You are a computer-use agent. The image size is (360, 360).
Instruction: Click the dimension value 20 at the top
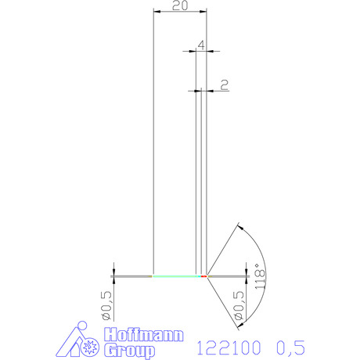[180, 5]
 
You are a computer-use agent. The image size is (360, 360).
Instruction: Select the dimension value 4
[201, 45]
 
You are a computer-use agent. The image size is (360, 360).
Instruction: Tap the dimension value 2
[225, 85]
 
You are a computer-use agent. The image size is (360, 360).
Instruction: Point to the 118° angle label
[260, 276]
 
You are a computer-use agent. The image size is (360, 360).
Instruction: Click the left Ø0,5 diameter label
[107, 305]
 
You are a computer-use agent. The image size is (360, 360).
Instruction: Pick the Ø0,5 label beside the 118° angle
[239, 305]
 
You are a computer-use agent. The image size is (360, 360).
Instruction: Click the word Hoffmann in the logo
[144, 334]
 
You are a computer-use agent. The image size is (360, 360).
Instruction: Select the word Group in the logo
[129, 351]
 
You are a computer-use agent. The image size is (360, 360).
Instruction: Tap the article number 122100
[229, 347]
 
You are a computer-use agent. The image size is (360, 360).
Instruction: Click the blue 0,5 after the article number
[290, 347]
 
